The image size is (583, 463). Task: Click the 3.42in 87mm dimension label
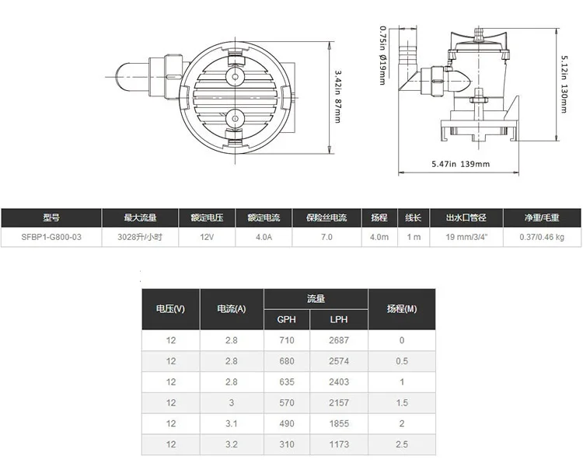(x=337, y=96)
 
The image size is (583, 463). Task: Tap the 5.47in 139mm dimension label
(x=460, y=164)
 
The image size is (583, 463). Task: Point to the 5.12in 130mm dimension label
(x=564, y=84)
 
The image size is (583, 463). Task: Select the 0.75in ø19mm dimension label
(x=382, y=55)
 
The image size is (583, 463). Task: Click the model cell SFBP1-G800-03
(x=51, y=237)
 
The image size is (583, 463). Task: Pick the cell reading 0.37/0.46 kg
(x=542, y=237)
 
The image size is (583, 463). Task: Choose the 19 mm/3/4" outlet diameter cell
(x=466, y=237)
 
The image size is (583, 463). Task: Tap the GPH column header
(x=286, y=319)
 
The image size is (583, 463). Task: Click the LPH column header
(x=339, y=319)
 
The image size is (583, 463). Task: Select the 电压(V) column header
(x=171, y=308)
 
